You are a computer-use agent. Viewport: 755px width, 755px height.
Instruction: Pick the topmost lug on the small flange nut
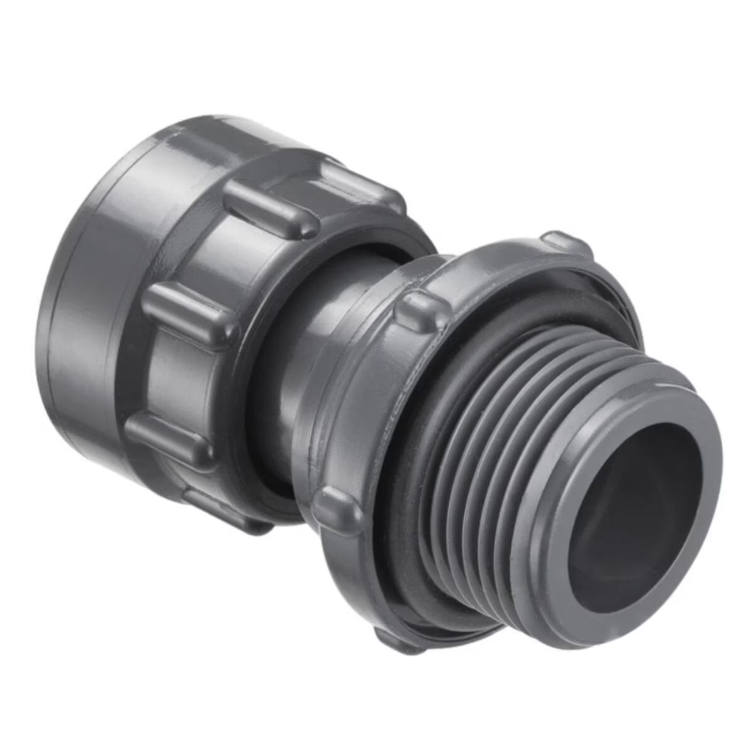(x=566, y=243)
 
